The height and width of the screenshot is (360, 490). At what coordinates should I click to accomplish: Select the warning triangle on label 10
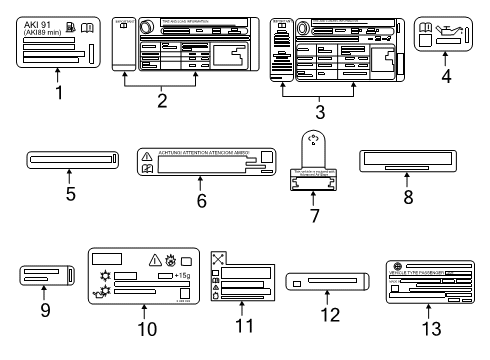point(155,256)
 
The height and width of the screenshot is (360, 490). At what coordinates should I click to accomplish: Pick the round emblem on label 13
point(391,266)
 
